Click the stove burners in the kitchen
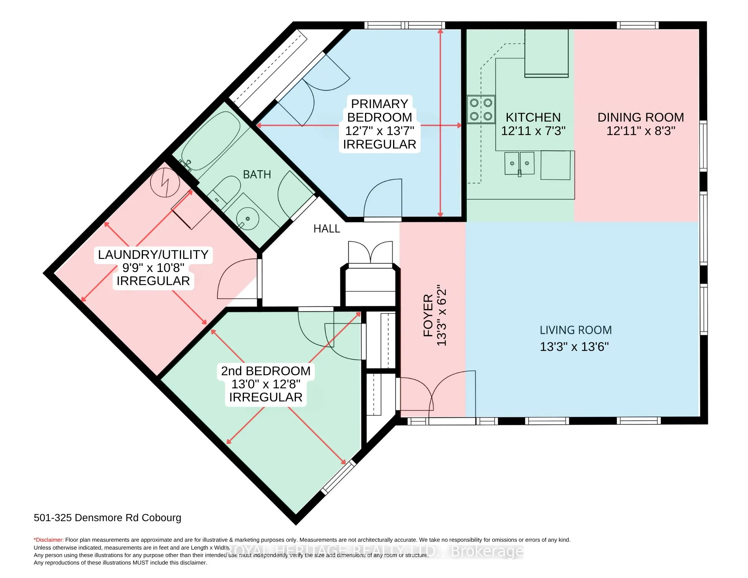[481, 109]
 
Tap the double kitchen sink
[519, 163]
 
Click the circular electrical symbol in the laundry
[165, 183]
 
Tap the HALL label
[327, 229]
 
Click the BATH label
[257, 174]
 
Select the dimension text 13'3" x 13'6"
[574, 346]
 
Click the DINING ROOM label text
[640, 117]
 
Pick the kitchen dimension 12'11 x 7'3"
[533, 131]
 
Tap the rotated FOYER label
[428, 315]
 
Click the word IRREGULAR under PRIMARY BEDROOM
[379, 144]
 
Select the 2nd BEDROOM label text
[266, 371]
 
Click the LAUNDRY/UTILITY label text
[153, 254]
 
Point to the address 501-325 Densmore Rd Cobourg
[107, 517]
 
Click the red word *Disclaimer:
[49, 540]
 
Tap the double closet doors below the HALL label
[370, 253]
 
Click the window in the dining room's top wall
[637, 25]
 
